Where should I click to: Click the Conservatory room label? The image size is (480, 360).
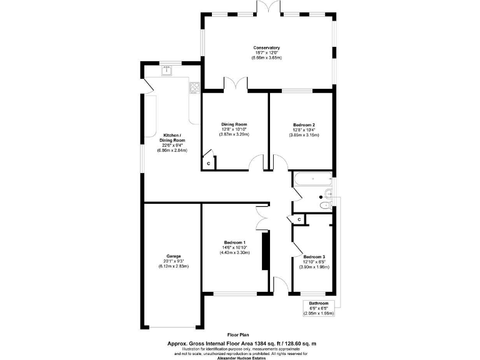(x=266, y=48)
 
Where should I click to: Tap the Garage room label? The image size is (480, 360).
(x=173, y=256)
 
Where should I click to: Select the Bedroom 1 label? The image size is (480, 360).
(x=235, y=242)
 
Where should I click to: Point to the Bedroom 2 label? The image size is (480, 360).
(x=304, y=124)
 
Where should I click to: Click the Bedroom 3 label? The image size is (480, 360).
(x=314, y=257)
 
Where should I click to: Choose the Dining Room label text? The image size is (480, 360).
(x=234, y=124)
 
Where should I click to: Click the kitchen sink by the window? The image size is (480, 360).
(x=167, y=71)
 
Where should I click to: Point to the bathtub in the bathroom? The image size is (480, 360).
(x=311, y=179)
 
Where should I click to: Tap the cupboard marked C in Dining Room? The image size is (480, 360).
(x=208, y=163)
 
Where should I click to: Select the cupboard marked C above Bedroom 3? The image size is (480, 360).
(x=299, y=219)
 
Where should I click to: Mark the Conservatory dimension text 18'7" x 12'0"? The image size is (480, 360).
(x=266, y=53)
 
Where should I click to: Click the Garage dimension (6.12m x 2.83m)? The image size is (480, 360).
(x=173, y=266)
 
